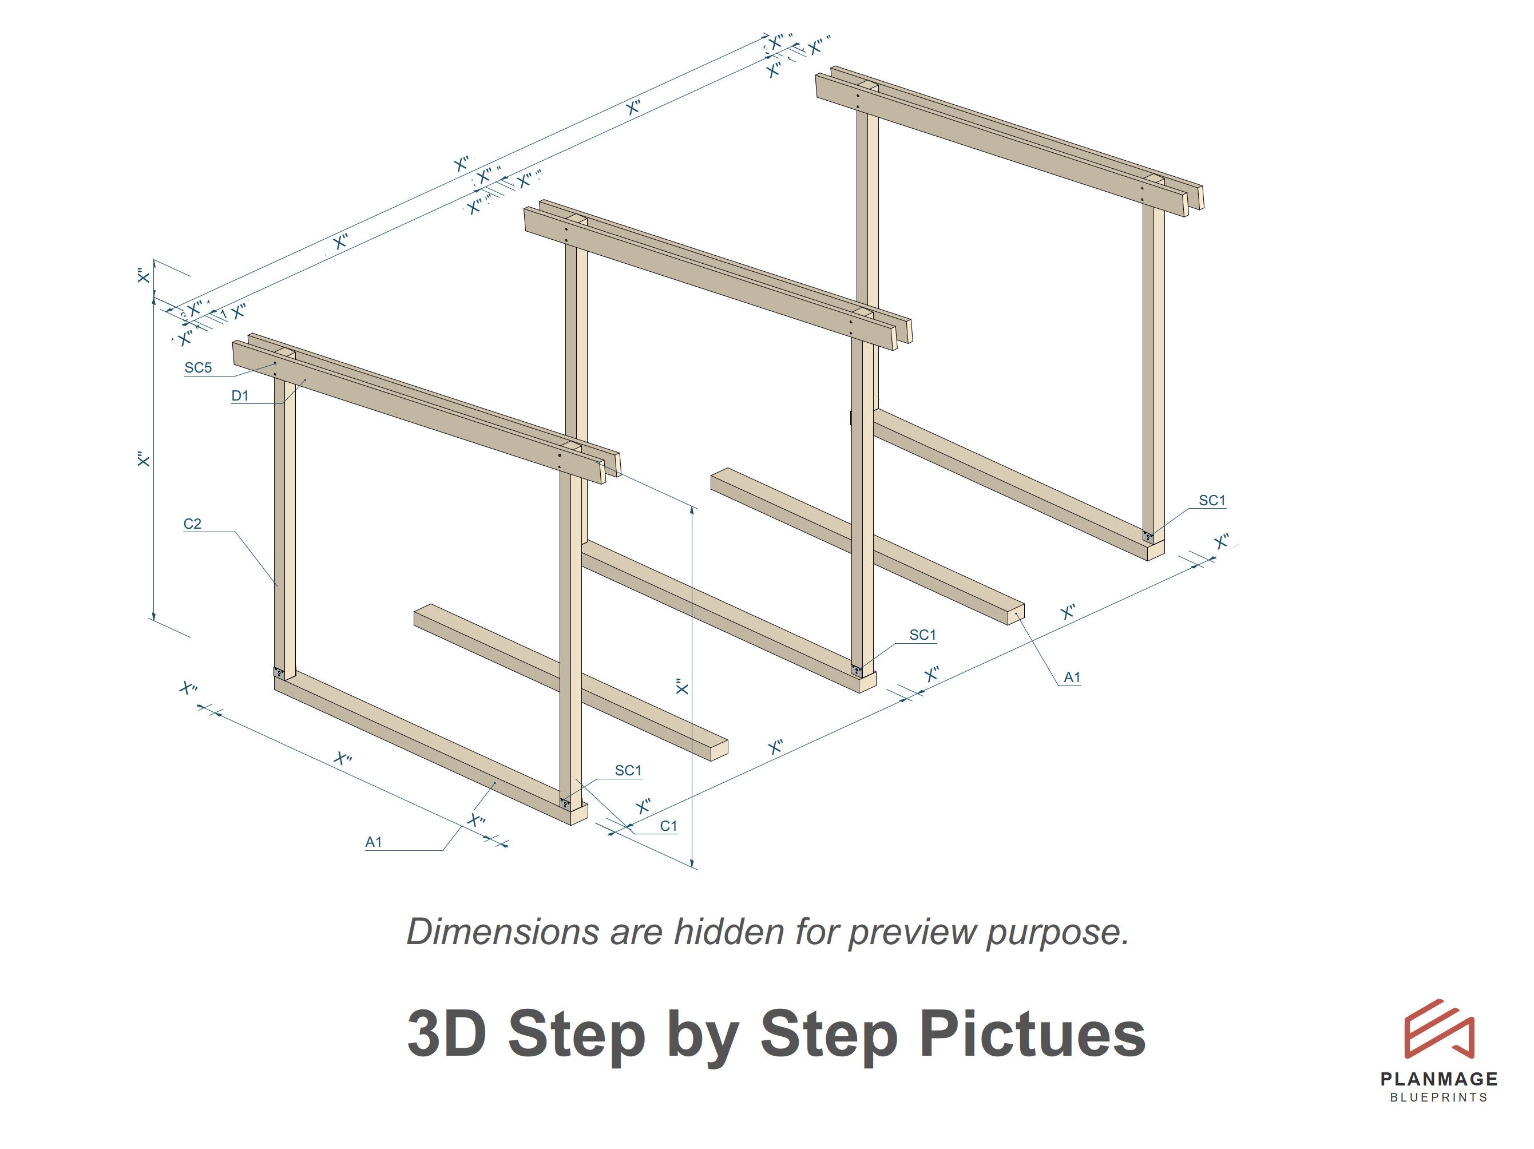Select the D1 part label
(x=240, y=396)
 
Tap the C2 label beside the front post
(x=192, y=524)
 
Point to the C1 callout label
(x=668, y=826)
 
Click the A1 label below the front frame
(x=374, y=842)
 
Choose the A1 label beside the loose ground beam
(x=1072, y=677)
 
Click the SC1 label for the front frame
(x=628, y=770)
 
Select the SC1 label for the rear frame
(x=1212, y=501)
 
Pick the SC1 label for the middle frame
(x=922, y=635)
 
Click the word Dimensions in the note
(x=502, y=931)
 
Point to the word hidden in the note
(x=730, y=931)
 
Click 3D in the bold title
(x=446, y=1033)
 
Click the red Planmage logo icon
(x=1439, y=1029)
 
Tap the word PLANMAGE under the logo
(x=1439, y=1079)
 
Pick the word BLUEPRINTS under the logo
(x=1439, y=1098)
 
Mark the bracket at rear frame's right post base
(x=1148, y=536)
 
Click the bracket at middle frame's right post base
(x=857, y=671)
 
